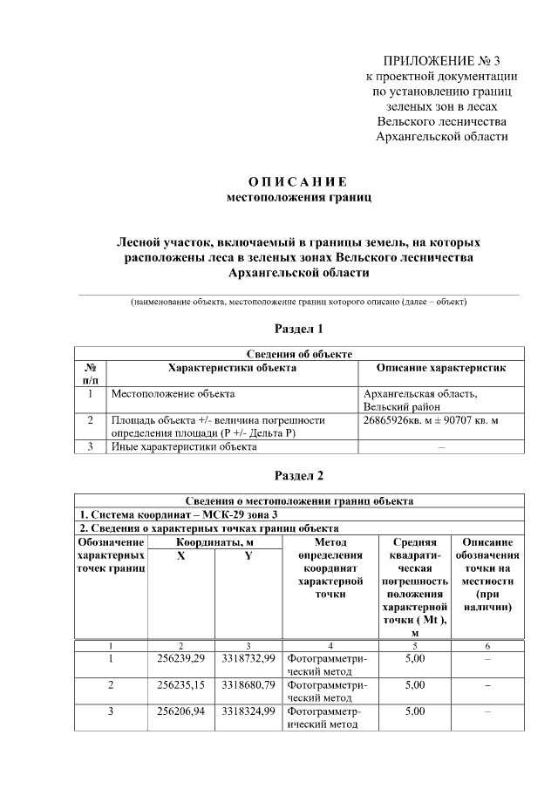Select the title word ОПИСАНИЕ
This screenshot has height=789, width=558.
(x=298, y=181)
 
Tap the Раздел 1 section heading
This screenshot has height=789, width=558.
(x=298, y=329)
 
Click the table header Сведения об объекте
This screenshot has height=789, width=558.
(x=298, y=353)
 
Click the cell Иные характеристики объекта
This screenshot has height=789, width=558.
(x=183, y=447)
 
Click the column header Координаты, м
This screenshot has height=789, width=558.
(x=214, y=542)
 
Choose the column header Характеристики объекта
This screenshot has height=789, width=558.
(x=232, y=368)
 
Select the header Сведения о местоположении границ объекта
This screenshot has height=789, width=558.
(x=298, y=500)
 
